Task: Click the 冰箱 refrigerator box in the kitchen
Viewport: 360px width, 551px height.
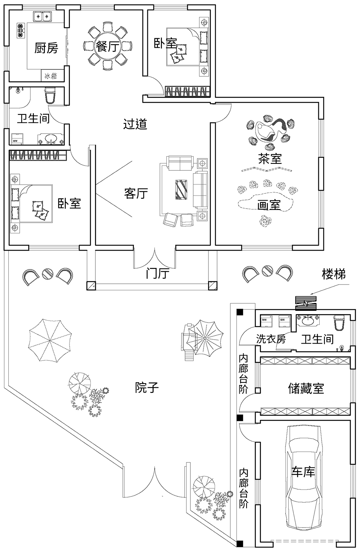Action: click(x=51, y=76)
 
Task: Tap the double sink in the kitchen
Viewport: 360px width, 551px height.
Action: click(x=42, y=17)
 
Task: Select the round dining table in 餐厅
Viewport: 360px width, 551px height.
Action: click(x=107, y=46)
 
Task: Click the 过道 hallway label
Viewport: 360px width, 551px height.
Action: click(x=135, y=124)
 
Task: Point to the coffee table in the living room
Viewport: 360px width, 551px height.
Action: click(x=181, y=189)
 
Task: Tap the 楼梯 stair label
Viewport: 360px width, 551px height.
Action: click(x=333, y=274)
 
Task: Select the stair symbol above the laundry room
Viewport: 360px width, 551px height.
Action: click(x=305, y=303)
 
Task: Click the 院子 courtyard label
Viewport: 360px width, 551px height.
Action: click(x=147, y=388)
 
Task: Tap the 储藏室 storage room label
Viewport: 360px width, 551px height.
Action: click(x=306, y=388)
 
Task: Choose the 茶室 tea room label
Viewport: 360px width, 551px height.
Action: click(x=270, y=158)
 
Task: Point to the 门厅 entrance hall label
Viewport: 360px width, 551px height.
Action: click(x=157, y=274)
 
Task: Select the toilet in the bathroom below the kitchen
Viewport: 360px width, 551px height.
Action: click(x=50, y=95)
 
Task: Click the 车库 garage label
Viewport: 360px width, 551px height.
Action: click(x=303, y=472)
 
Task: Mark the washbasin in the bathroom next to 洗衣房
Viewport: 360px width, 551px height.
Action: click(x=307, y=320)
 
